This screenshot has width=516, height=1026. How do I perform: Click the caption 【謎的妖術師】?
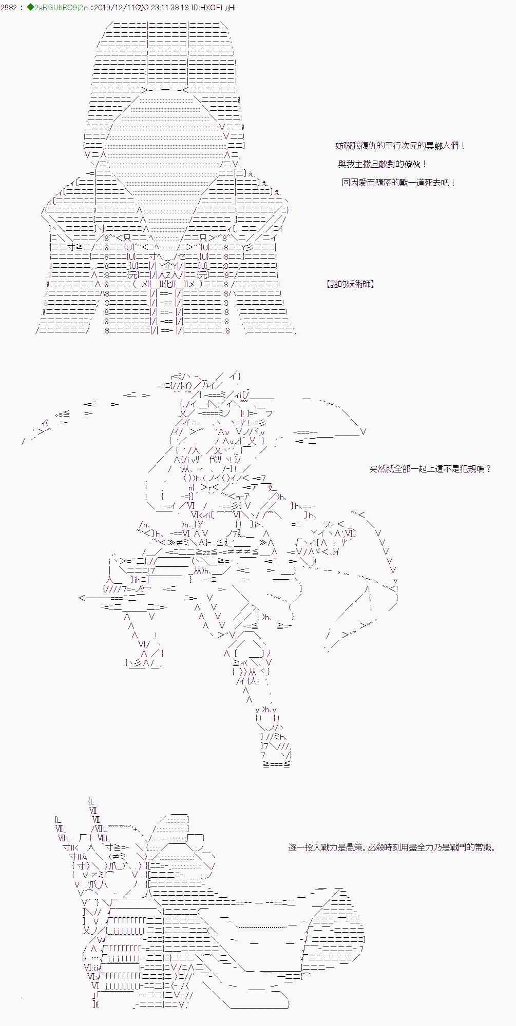coord(350,284)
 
